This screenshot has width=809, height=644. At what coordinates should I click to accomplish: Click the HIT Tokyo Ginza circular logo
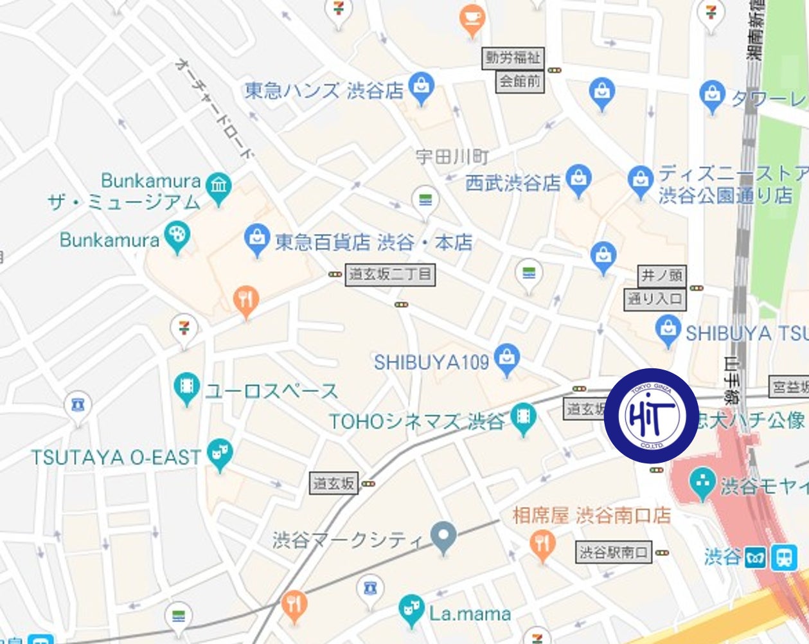pyautogui.click(x=652, y=415)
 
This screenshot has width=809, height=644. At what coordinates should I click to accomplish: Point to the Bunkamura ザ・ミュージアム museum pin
pyautogui.click(x=219, y=188)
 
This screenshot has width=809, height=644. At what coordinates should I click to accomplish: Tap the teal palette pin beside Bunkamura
pyautogui.click(x=177, y=237)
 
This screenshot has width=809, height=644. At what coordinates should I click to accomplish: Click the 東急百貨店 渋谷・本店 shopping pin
pyautogui.click(x=256, y=239)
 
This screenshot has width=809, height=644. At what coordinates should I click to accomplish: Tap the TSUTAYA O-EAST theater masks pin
pyautogui.click(x=220, y=454)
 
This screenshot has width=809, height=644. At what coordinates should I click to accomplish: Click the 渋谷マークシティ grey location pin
pyautogui.click(x=443, y=537)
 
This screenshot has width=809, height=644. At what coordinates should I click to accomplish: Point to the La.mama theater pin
pyautogui.click(x=411, y=611)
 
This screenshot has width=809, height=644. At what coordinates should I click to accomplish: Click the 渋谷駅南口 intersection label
pyautogui.click(x=614, y=552)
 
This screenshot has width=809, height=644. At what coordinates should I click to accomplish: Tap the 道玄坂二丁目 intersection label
pyautogui.click(x=389, y=275)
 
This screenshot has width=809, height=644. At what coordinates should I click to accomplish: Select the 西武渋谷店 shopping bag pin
pyautogui.click(x=579, y=179)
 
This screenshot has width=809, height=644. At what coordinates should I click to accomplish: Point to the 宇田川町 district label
pyautogui.click(x=452, y=157)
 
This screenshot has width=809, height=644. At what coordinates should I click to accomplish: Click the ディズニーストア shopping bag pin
pyautogui.click(x=640, y=181)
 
